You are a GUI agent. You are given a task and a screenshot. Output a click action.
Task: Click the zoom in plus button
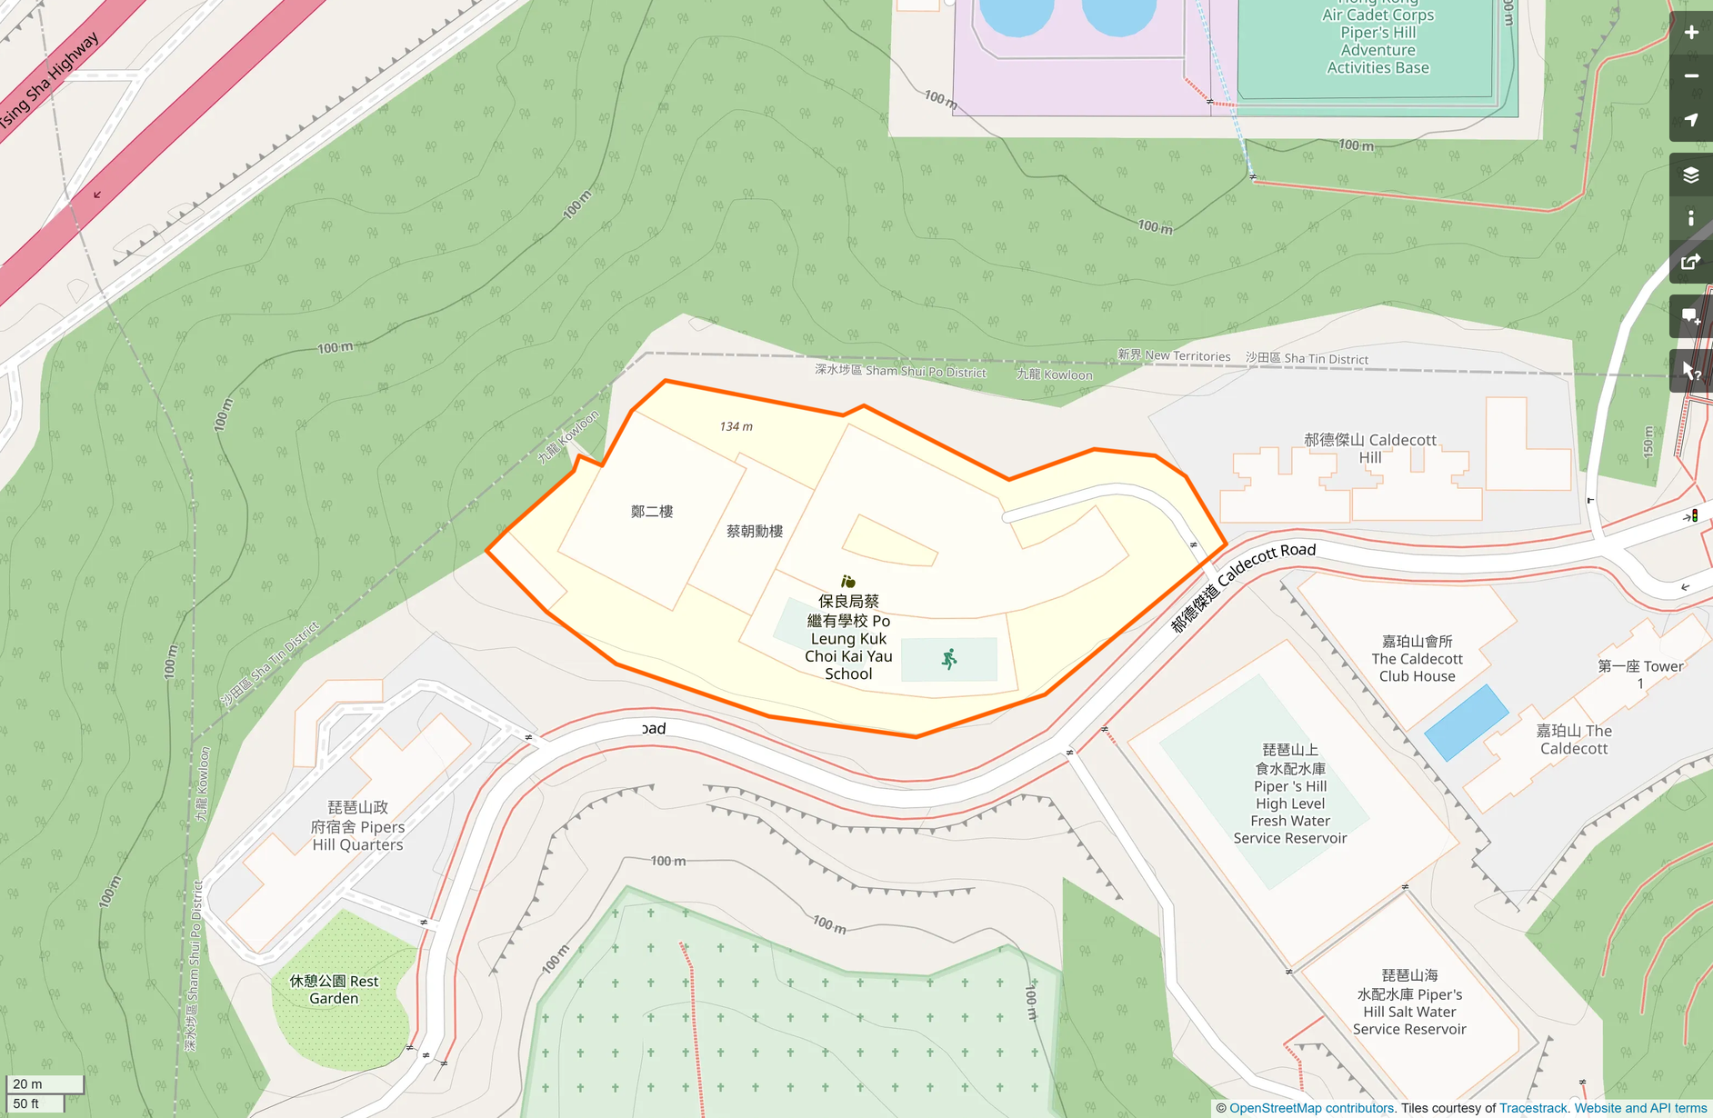(x=1690, y=33)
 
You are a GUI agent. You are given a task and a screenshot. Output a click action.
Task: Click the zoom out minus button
(x=1690, y=76)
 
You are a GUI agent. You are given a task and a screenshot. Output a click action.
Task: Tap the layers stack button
(x=1690, y=175)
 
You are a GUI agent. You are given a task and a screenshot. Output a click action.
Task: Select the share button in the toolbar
(x=1690, y=263)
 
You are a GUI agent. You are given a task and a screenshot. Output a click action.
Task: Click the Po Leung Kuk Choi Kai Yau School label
(x=848, y=637)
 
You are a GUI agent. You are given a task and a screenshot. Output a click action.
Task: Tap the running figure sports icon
(x=949, y=659)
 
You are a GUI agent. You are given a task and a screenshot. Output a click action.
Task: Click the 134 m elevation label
(x=736, y=426)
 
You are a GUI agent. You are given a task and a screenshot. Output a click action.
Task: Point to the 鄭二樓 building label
(x=652, y=512)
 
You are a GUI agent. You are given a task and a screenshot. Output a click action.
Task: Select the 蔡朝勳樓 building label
(x=755, y=531)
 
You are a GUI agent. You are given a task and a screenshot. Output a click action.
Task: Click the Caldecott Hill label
(x=1370, y=448)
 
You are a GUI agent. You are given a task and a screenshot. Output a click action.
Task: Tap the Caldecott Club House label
(x=1417, y=659)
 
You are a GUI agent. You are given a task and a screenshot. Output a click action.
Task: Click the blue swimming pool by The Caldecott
(x=1466, y=722)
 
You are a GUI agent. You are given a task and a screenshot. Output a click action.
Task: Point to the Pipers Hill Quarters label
(x=357, y=826)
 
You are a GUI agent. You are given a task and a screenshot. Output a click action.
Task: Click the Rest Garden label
(x=334, y=990)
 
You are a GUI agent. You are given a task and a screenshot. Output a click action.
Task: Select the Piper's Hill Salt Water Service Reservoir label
(x=1409, y=1003)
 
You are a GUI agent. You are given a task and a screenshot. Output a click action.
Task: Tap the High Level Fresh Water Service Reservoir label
(x=1289, y=794)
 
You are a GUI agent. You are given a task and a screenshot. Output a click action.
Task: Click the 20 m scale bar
(x=45, y=1083)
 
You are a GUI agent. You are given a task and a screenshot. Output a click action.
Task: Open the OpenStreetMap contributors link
(x=1311, y=1108)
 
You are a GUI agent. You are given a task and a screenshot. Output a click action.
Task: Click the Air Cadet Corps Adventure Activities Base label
(x=1377, y=41)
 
